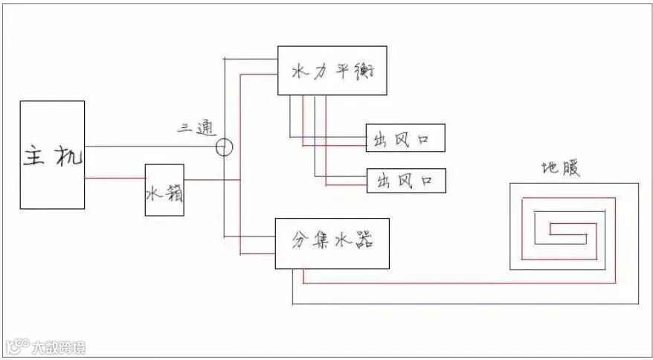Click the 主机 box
(52, 155)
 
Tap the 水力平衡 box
(332, 71)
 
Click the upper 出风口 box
(405, 138)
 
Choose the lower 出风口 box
(406, 180)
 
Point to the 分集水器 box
(332, 243)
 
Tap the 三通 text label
(196, 127)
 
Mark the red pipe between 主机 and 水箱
(115, 179)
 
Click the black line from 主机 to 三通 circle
(149, 147)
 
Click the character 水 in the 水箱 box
(154, 195)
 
